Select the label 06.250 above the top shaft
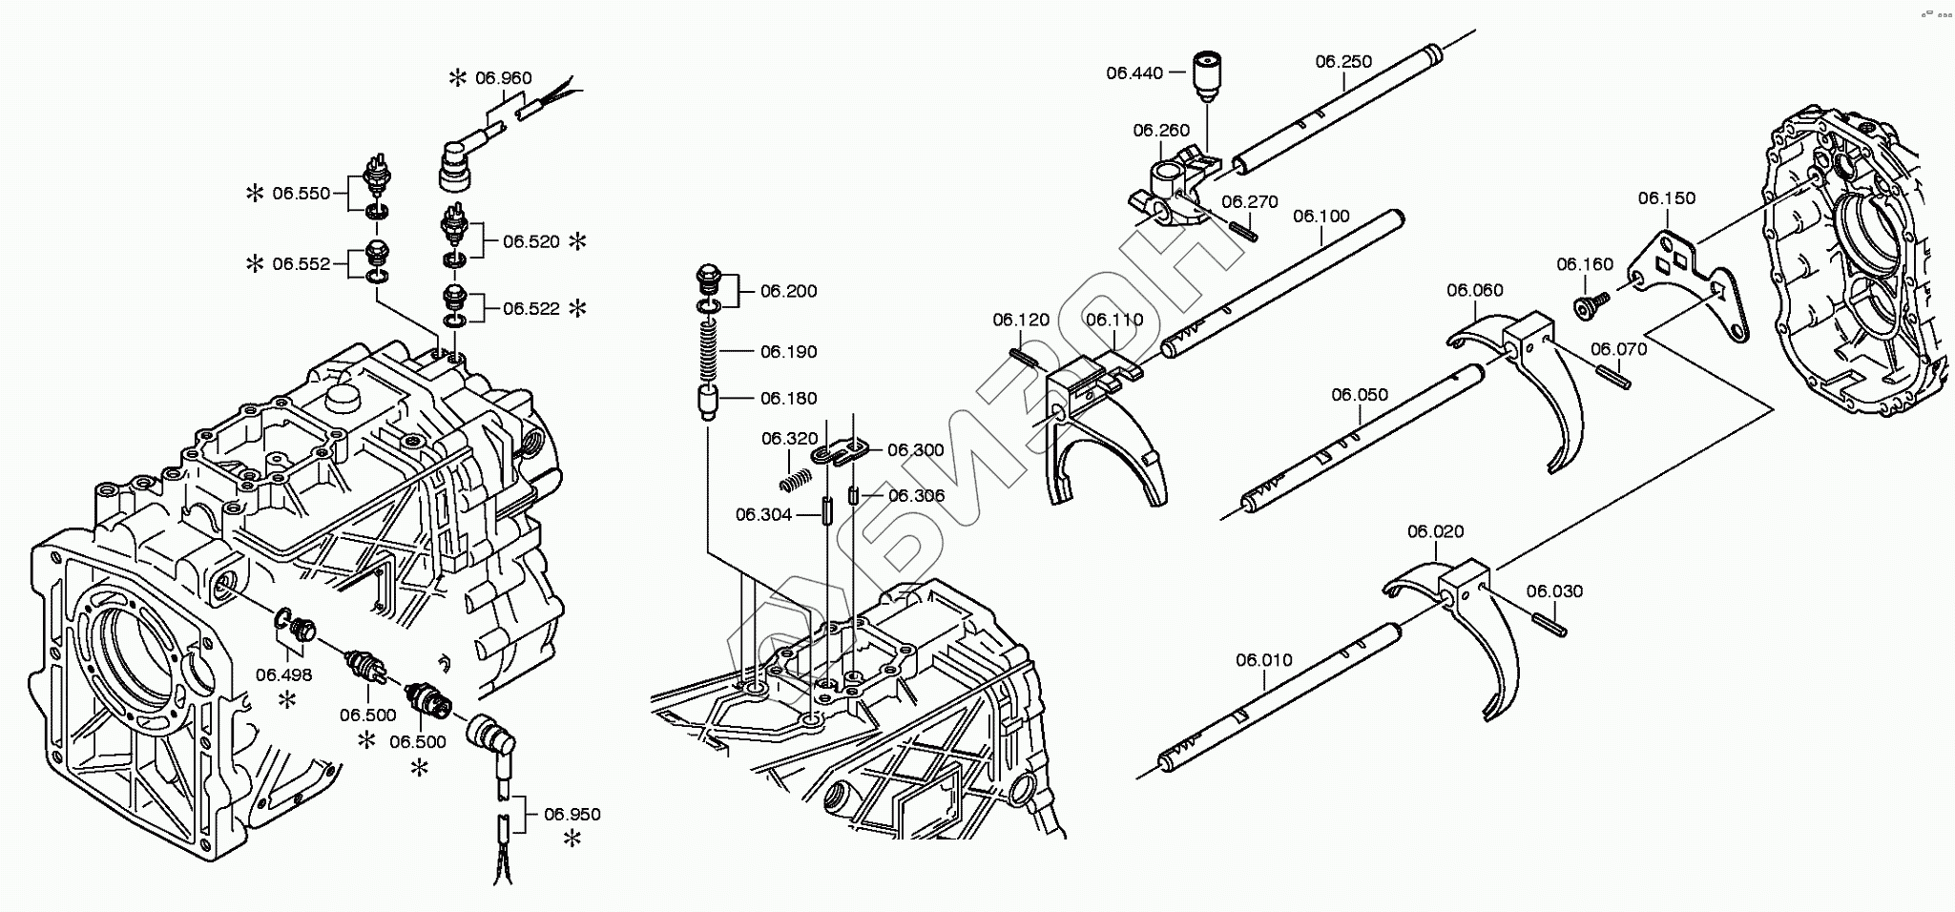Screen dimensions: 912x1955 (1343, 62)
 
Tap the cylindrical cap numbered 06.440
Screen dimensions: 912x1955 (1209, 73)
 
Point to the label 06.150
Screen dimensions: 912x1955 (1667, 198)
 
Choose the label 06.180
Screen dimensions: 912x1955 (788, 399)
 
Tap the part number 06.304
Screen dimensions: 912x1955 (763, 515)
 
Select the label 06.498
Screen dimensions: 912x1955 (283, 675)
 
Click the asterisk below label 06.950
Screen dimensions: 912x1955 (572, 839)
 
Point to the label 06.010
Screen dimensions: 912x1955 (1264, 660)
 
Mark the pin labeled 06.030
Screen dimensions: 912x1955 (1549, 624)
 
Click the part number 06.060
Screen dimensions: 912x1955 (1474, 290)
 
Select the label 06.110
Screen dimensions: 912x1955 (1113, 320)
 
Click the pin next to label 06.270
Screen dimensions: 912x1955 (1242, 229)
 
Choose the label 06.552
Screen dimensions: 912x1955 (301, 264)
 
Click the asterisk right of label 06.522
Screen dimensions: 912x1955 (577, 308)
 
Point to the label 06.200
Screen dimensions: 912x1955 (788, 291)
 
